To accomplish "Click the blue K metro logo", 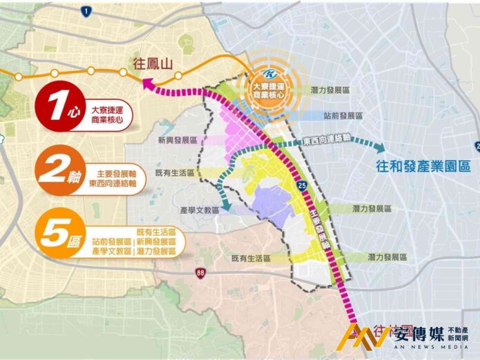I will click(x=271, y=72).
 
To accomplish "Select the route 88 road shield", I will click(x=200, y=271).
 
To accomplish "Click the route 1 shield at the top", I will click(x=86, y=11).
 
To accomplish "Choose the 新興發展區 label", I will click(x=177, y=140).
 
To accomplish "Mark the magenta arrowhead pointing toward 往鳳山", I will click(x=147, y=83).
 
